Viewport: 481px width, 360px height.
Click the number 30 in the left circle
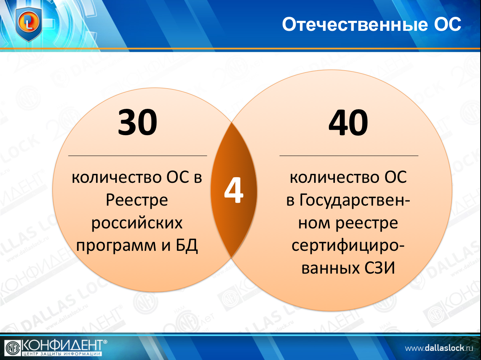pos(137,122)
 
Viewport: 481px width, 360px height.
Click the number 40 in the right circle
pos(348,122)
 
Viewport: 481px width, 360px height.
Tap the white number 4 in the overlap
pos(234,190)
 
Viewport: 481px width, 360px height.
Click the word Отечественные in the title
pos(355,24)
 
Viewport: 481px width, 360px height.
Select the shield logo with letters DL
pos(29,24)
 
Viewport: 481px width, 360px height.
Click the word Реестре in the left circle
pos(137,200)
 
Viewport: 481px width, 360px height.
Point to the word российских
pos(137,223)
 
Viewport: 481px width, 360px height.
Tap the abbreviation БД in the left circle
pos(187,246)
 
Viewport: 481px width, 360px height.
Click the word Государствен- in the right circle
pos(348,200)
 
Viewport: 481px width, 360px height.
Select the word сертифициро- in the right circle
pos(348,246)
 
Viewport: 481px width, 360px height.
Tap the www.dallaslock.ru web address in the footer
pos(439,348)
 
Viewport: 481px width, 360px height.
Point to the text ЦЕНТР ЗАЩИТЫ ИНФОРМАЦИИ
pos(62,354)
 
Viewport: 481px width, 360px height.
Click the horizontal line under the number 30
pos(138,156)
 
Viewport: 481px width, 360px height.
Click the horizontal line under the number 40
pos(349,156)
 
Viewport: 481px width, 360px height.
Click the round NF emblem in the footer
pos(13,348)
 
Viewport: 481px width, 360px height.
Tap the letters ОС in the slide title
pos(448,24)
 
